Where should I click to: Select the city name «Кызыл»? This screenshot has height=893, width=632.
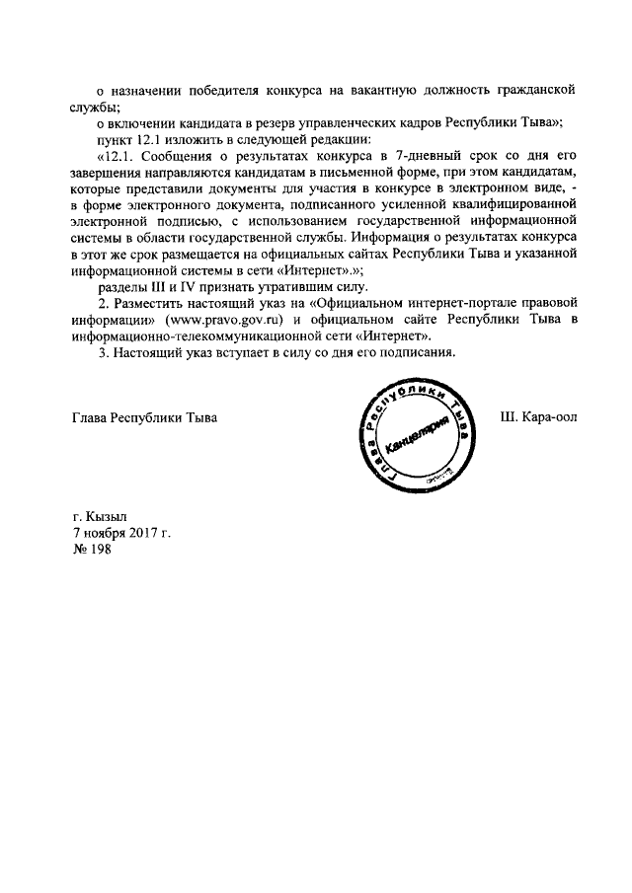106,516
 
